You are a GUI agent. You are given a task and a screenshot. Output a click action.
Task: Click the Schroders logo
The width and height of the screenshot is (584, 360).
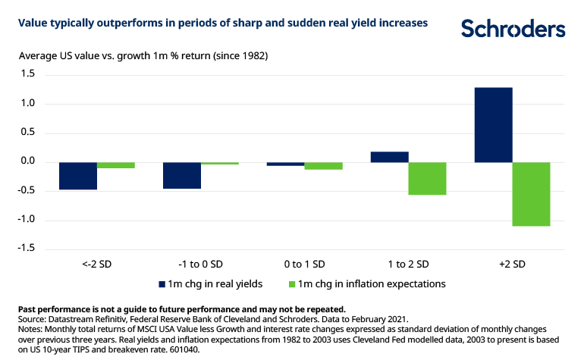click(x=513, y=29)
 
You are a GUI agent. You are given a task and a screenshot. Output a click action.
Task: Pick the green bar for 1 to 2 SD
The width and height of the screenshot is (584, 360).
click(x=427, y=179)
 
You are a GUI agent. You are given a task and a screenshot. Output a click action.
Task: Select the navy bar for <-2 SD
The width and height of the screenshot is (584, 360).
click(x=78, y=176)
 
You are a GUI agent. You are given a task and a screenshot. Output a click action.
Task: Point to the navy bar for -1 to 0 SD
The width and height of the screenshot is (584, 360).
click(x=182, y=175)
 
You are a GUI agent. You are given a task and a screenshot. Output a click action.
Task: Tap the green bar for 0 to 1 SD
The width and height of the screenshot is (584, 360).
click(x=323, y=166)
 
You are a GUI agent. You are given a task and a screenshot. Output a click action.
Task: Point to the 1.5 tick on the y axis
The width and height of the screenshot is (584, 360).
click(x=29, y=74)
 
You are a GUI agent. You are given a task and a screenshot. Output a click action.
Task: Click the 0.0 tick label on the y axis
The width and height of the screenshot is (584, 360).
click(x=29, y=161)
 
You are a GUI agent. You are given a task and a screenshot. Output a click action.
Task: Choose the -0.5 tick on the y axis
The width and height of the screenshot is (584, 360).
click(x=27, y=190)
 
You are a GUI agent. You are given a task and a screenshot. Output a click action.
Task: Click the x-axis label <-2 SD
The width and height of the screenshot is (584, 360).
click(x=97, y=264)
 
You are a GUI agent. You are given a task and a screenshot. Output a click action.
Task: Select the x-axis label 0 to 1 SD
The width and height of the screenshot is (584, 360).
click(x=304, y=264)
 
